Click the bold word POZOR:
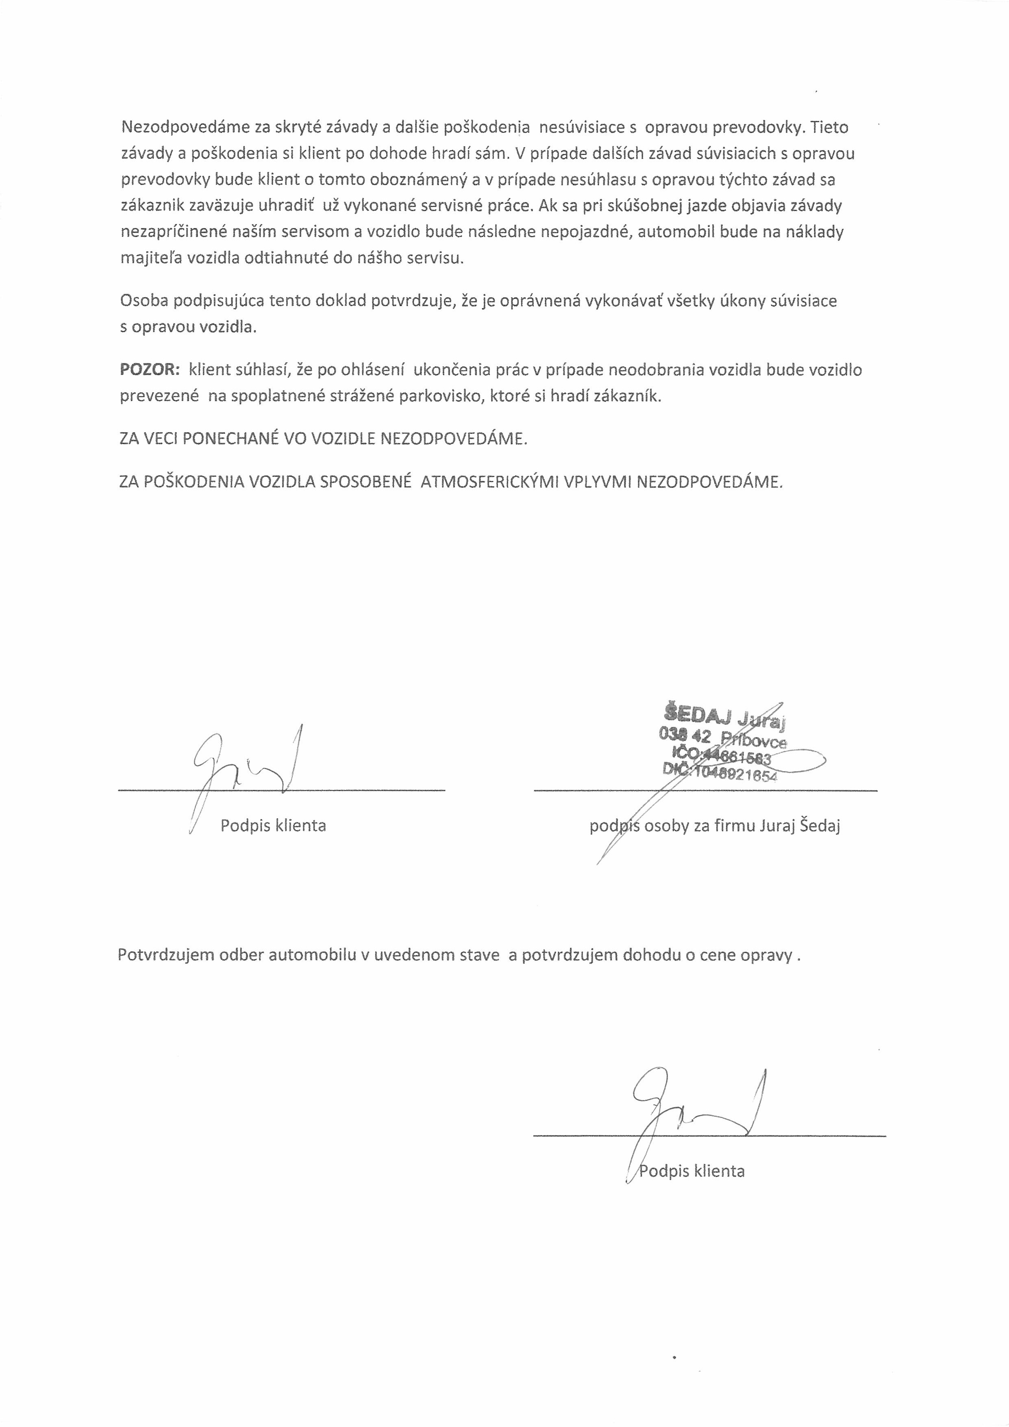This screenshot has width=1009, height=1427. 150,370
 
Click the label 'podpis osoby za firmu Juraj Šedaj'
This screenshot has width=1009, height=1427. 715,826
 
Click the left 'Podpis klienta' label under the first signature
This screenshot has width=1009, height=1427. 273,826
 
